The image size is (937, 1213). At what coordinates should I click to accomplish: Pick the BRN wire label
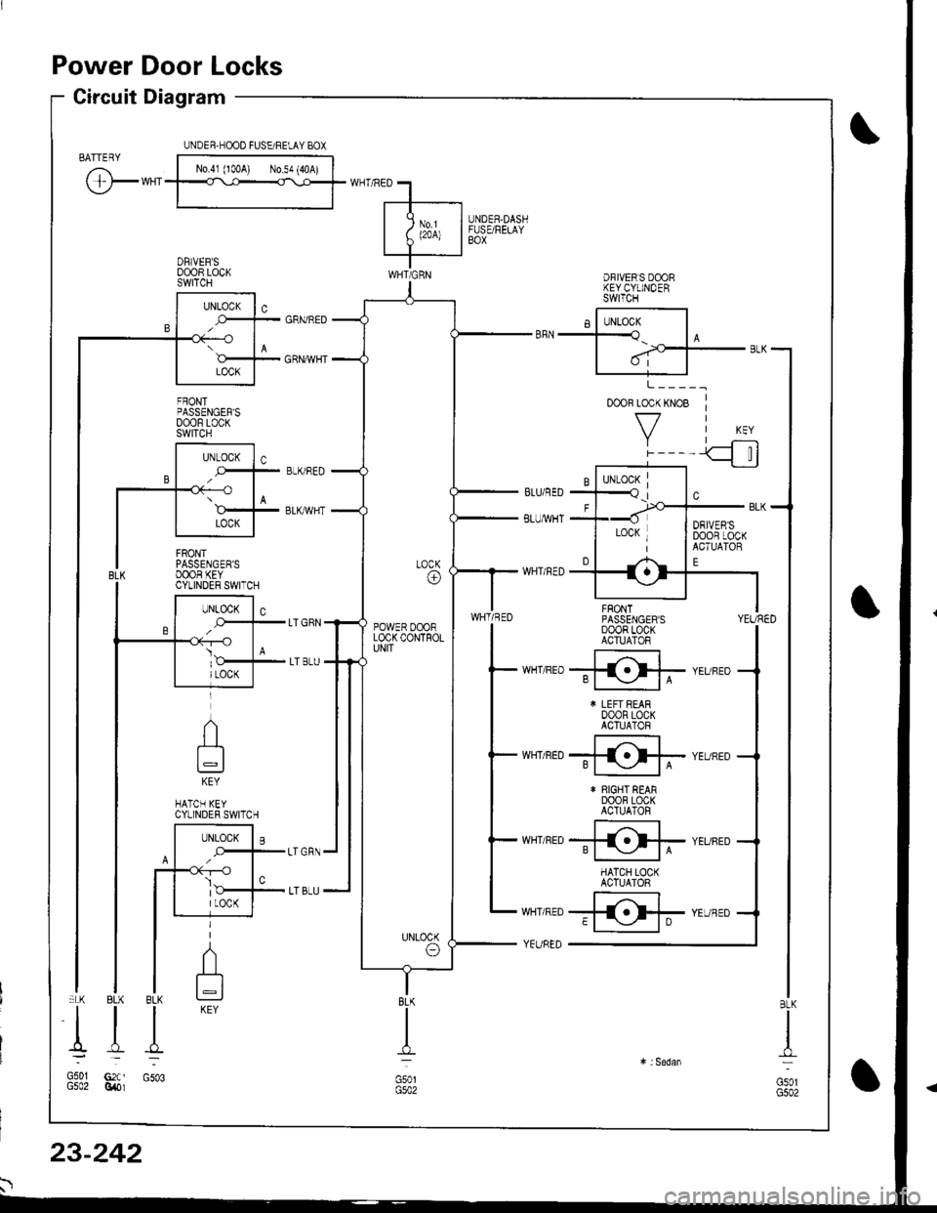pos(520,331)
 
